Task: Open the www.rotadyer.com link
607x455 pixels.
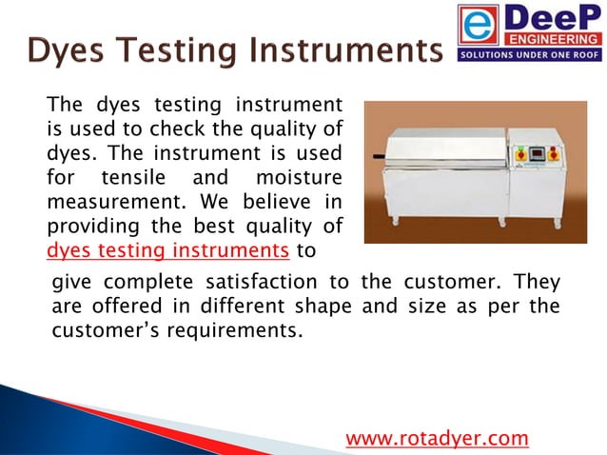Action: [436, 438]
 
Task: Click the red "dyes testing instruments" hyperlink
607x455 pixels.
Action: [167, 250]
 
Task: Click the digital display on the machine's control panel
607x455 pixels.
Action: [538, 154]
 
